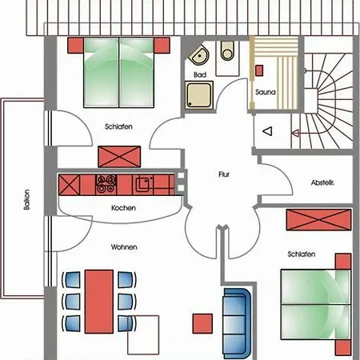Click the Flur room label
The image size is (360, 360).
(x=224, y=174)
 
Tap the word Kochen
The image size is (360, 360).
(x=123, y=208)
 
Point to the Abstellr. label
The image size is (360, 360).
(x=322, y=183)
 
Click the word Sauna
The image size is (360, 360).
(x=266, y=92)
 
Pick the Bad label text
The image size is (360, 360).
(x=199, y=74)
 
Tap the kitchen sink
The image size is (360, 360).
(x=143, y=184)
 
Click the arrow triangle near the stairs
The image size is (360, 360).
(x=268, y=130)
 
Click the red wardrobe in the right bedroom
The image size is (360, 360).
(x=318, y=218)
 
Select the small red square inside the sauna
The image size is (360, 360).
(x=258, y=70)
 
